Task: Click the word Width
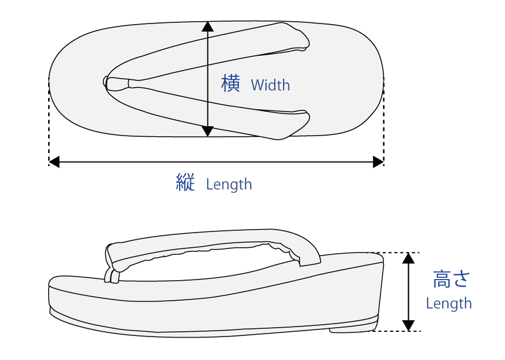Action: (x=270, y=85)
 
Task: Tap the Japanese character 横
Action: (x=231, y=83)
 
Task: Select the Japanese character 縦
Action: (x=186, y=183)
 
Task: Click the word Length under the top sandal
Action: (x=229, y=184)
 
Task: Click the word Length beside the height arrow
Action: (x=449, y=304)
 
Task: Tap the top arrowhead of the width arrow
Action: (x=207, y=26)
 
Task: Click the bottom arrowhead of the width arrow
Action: (x=207, y=131)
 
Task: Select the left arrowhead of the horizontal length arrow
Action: (x=55, y=160)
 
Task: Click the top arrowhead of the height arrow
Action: (x=409, y=258)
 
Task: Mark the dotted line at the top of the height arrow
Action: (x=399, y=253)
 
